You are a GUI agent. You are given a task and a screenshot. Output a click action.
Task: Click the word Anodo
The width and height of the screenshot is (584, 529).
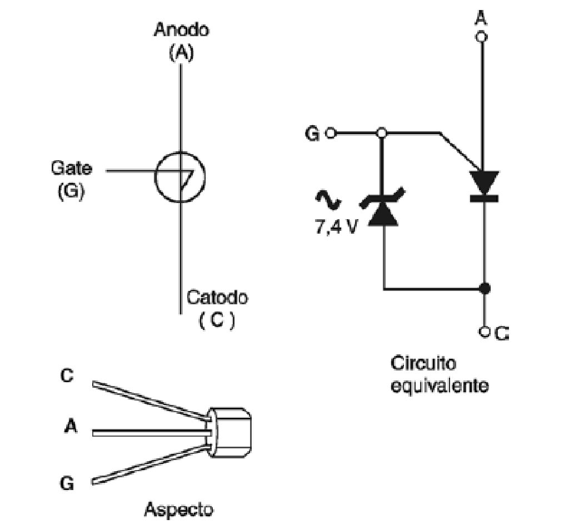point(181,29)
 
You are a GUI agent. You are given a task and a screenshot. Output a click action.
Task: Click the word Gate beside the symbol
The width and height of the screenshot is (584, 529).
point(72,168)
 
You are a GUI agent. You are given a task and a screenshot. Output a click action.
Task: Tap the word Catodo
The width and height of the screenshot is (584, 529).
point(217,298)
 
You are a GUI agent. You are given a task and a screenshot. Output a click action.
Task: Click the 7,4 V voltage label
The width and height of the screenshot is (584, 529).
point(336,226)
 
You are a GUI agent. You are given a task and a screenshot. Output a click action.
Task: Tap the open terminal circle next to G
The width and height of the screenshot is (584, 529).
point(331,133)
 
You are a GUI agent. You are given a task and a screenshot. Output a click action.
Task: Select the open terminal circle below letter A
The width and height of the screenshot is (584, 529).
point(482,37)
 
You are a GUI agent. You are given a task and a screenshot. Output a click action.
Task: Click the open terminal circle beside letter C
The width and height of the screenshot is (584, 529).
point(484,332)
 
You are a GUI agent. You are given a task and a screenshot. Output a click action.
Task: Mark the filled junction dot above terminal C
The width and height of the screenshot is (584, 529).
point(485,288)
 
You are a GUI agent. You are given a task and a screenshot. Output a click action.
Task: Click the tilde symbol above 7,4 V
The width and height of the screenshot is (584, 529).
point(328,200)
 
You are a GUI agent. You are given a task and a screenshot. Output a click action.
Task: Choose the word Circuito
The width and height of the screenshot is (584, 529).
point(423,363)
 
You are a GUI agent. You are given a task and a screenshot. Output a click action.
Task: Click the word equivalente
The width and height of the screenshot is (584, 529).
point(440,385)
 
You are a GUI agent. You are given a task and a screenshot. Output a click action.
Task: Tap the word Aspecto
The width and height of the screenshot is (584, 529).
point(179,510)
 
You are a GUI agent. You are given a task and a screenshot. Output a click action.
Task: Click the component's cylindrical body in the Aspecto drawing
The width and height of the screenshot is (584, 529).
point(229,432)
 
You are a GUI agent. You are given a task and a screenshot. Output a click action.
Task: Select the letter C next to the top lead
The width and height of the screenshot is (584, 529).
point(67,376)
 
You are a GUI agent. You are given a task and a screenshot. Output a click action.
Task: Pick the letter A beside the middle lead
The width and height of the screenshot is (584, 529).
point(71,427)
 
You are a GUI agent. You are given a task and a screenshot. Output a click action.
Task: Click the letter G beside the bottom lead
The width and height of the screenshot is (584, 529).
point(67,483)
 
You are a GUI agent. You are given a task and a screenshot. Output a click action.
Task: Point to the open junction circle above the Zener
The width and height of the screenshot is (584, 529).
point(381,133)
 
